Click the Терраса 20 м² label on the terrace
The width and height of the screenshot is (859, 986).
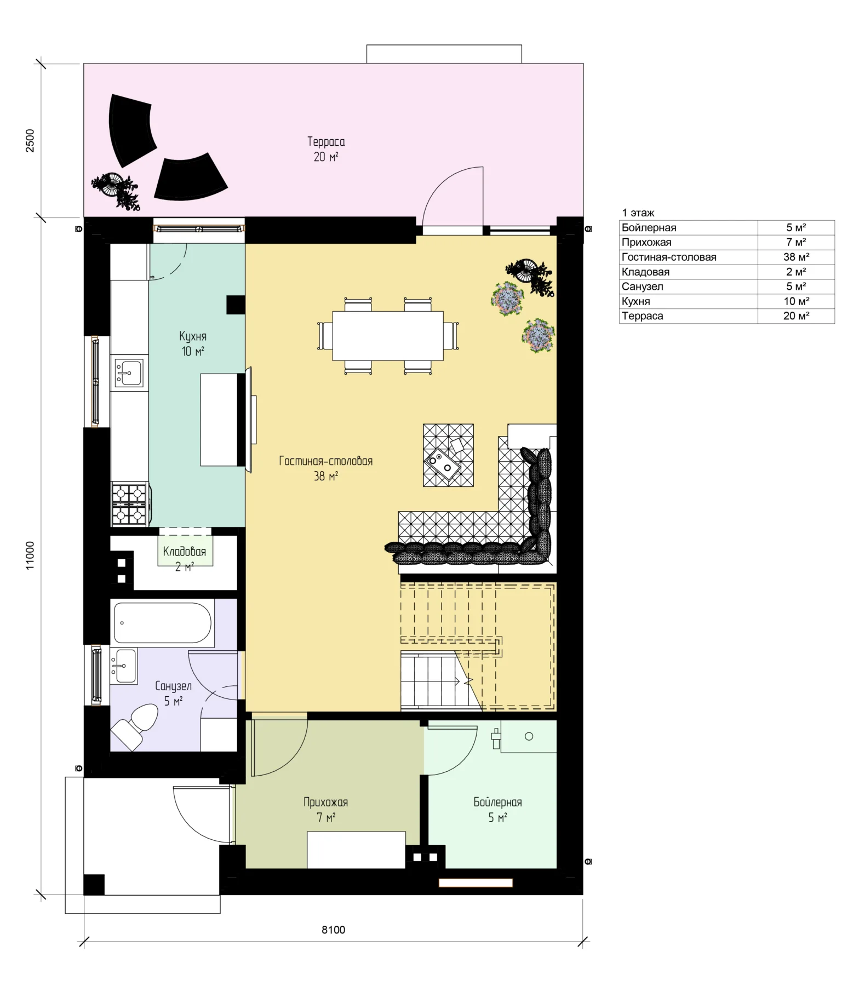tap(326, 149)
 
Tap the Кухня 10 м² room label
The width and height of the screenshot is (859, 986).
tap(193, 343)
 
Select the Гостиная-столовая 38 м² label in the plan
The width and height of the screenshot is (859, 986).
tap(326, 468)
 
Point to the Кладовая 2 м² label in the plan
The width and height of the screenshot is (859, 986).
tap(185, 559)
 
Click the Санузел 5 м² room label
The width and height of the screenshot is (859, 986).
tap(173, 693)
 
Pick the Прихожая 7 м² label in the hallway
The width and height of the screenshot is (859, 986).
tap(326, 810)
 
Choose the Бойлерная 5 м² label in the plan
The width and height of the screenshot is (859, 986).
tap(497, 810)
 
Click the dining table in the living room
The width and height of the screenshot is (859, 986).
tap(388, 335)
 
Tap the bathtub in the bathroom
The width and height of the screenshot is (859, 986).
tap(163, 623)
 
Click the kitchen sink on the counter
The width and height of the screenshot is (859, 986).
tap(129, 372)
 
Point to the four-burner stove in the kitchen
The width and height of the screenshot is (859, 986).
tap(130, 504)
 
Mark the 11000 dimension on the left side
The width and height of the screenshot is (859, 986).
tap(30, 555)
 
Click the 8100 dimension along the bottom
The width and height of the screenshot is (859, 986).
tap(333, 930)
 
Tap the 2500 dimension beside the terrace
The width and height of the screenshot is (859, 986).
tap(30, 141)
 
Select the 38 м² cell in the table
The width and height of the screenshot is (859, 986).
tap(796, 257)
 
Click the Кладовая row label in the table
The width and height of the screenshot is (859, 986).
tap(645, 272)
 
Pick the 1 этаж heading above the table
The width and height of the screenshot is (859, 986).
tap(638, 213)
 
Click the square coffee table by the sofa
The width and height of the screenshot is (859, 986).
tap(448, 455)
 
